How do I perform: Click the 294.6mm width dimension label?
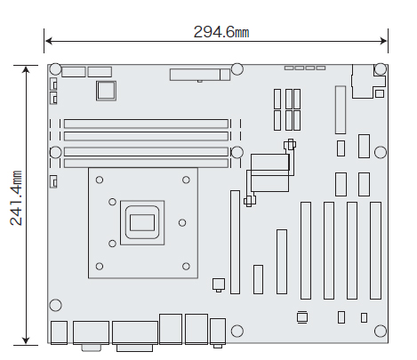[x=221, y=32]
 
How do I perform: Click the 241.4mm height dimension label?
[x=16, y=198]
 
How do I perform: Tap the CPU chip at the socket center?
[x=142, y=222]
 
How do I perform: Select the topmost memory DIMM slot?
[x=146, y=124]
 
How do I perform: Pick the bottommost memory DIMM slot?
[x=146, y=164]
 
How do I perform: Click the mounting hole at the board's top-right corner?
[x=381, y=69]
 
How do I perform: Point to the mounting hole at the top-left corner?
[x=55, y=69]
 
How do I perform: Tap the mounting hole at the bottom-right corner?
[x=381, y=331]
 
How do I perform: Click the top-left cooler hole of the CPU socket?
[x=100, y=180]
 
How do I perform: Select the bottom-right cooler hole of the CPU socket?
[x=186, y=267]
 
